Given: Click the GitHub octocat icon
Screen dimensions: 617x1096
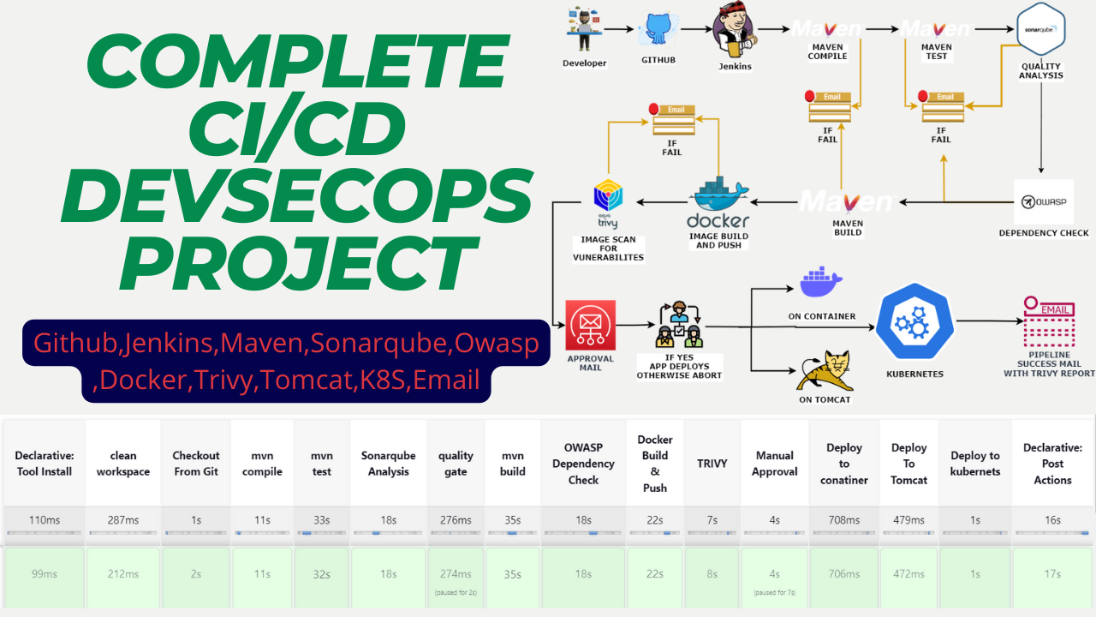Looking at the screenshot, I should tap(658, 29).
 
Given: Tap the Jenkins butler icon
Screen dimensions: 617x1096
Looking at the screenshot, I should tap(736, 29).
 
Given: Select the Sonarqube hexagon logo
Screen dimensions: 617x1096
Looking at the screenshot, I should tap(1040, 28).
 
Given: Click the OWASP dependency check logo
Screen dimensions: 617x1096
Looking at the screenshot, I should tap(1043, 202).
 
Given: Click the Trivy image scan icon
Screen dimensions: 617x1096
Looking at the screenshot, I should tap(609, 199).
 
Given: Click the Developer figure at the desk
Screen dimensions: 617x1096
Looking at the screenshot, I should tap(585, 29).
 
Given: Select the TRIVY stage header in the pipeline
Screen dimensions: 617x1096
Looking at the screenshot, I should tap(712, 464).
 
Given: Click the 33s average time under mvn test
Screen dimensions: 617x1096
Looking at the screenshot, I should tap(322, 520).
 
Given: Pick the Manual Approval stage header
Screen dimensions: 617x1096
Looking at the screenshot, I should tap(774, 464).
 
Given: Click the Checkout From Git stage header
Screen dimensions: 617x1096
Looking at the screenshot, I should tap(196, 464).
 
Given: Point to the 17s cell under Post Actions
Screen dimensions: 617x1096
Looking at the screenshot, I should tap(1051, 574).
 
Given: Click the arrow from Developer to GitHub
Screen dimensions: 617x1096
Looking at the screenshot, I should tap(622, 29).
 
